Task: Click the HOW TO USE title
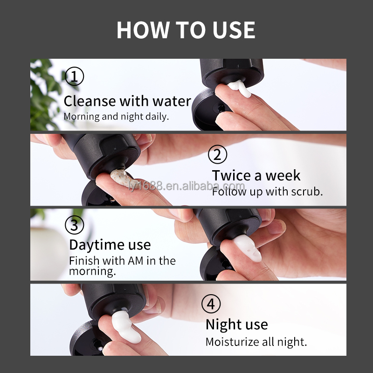click(186, 30)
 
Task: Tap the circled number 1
click(74, 76)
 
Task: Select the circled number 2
click(217, 154)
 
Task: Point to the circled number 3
click(74, 225)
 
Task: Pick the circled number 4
click(211, 304)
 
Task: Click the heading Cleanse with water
click(127, 101)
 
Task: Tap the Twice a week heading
click(256, 176)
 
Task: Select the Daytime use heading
click(110, 245)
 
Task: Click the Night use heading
click(237, 325)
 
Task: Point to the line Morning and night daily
click(116, 117)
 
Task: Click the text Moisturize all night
click(256, 342)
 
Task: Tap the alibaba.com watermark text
click(186, 186)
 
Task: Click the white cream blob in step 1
click(239, 88)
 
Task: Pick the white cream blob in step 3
click(248, 248)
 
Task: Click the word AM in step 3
click(136, 261)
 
